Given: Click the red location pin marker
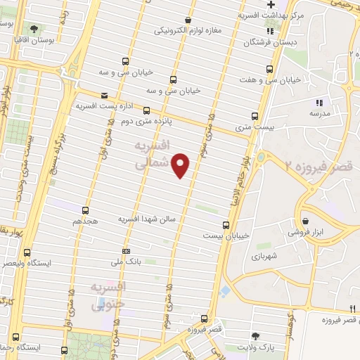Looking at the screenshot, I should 181,165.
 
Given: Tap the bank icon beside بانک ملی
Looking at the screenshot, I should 126,251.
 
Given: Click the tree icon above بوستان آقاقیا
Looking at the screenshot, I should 34,29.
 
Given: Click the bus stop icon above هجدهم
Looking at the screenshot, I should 86,210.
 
